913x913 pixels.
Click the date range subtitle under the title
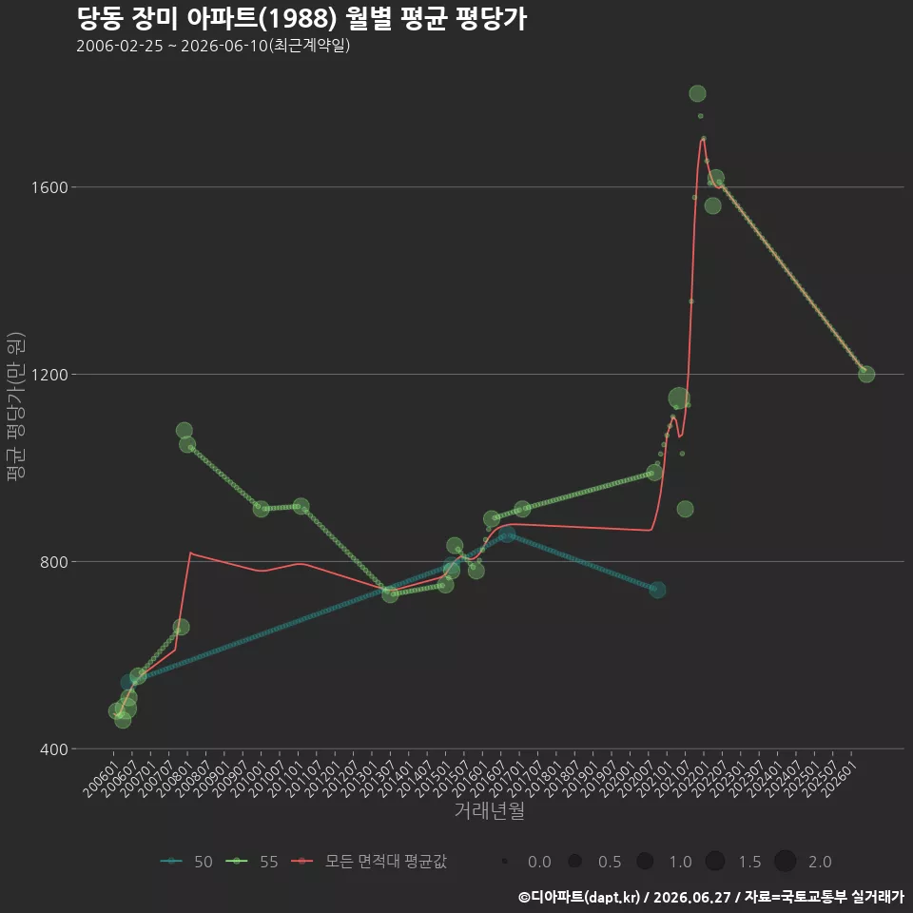pos(213,46)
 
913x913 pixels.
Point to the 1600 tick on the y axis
pos(50,187)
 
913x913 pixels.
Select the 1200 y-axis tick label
pos(50,375)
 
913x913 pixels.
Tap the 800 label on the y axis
pos(54,562)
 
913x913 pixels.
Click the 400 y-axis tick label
pos(54,748)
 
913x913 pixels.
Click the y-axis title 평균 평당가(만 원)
pos(16,406)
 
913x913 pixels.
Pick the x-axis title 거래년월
pos(489,810)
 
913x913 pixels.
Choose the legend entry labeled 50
pos(186,862)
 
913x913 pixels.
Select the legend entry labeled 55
pos(252,862)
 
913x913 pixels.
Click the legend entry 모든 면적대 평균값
pos(369,862)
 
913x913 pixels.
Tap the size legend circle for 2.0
pos(785,862)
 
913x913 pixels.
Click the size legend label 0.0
pos(539,862)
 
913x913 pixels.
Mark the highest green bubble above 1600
pos(697,94)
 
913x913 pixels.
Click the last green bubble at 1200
pos(866,375)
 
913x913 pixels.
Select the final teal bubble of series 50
pos(657,590)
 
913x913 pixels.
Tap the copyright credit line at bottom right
pos(711,897)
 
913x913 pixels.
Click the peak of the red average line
pos(704,139)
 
